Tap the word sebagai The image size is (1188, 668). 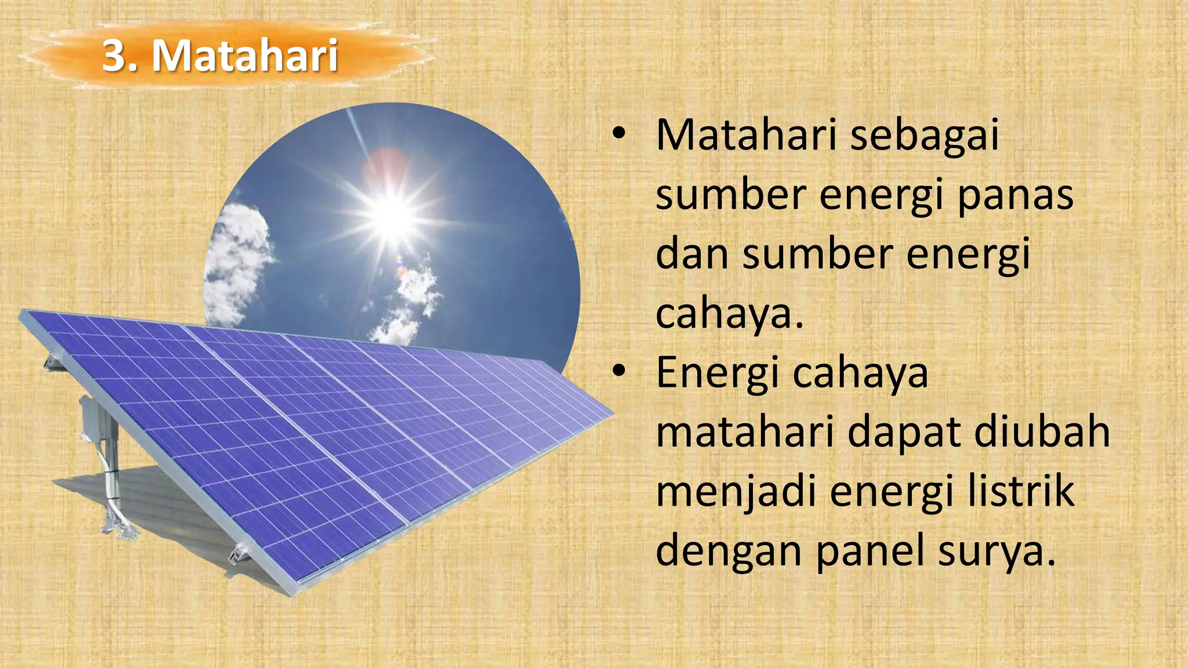pos(925,136)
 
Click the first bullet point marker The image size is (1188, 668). pos(620,133)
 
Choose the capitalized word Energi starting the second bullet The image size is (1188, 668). pos(718,373)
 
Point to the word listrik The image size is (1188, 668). pos(1021,492)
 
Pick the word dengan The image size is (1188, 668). pos(729,552)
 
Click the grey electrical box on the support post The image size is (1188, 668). pos(92,416)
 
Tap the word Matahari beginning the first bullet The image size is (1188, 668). pos(746,136)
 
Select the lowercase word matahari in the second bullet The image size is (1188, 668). pos(745,433)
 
